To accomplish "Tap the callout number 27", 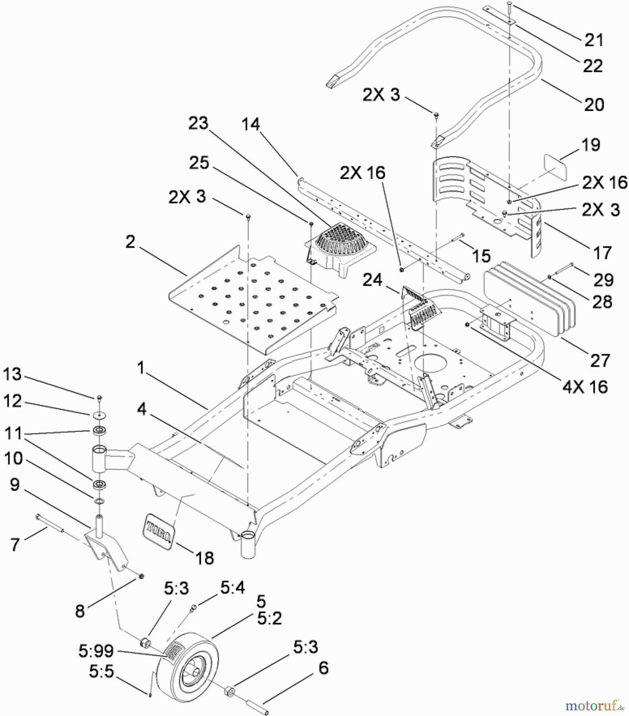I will pos(600,360).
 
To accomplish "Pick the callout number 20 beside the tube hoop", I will pos(594,105).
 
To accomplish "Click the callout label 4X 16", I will pos(585,387).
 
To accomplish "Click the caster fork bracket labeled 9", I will pos(107,545).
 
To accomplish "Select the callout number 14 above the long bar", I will pos(251,125).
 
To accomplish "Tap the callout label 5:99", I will pos(96,651).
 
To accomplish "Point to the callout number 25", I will pos(199,162).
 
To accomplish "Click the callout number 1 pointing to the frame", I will pos(141,368).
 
